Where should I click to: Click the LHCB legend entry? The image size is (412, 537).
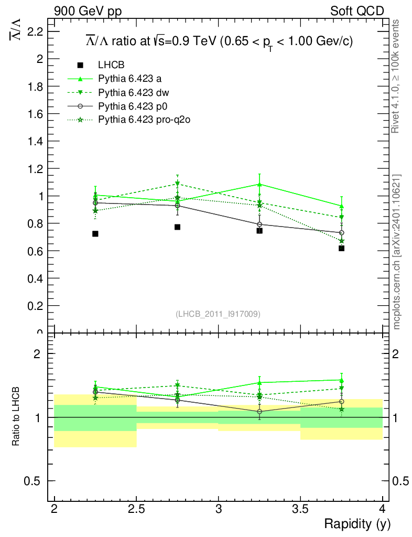coord(111,65)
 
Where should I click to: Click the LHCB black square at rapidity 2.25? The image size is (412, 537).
coord(95,234)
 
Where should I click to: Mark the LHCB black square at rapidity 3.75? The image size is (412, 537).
coord(342,248)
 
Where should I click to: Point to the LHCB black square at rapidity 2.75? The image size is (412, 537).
coord(178,227)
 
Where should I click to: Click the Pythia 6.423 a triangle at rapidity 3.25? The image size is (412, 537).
coord(259,184)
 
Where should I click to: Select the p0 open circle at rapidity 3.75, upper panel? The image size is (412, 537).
coord(342,232)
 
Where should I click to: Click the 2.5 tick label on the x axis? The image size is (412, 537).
coord(136,508)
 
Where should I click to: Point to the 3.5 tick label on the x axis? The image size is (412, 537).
coord(300,508)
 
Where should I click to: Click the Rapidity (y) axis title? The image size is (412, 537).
coord(357,524)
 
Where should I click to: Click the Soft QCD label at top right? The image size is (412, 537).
coord(357,11)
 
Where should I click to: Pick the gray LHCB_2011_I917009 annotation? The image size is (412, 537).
coord(218,314)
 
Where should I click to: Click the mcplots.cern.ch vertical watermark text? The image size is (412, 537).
coord(397,252)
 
